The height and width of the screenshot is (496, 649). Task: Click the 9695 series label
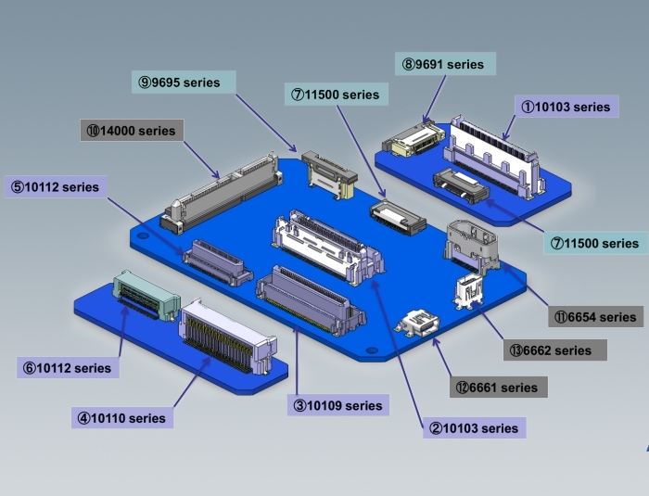[x=184, y=82]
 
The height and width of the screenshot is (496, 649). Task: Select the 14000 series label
[x=132, y=131]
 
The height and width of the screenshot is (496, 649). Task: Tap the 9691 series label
[x=445, y=64]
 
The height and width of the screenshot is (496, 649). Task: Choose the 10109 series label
[x=338, y=405]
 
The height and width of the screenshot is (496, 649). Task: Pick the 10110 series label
[x=122, y=418]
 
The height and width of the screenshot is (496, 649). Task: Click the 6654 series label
[x=596, y=317]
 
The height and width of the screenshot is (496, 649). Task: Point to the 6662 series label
[x=555, y=350]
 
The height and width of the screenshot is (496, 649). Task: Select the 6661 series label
[x=499, y=388]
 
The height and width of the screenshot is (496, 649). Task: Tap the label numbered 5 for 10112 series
[x=57, y=186]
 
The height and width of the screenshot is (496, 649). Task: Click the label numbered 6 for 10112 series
[x=68, y=368]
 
